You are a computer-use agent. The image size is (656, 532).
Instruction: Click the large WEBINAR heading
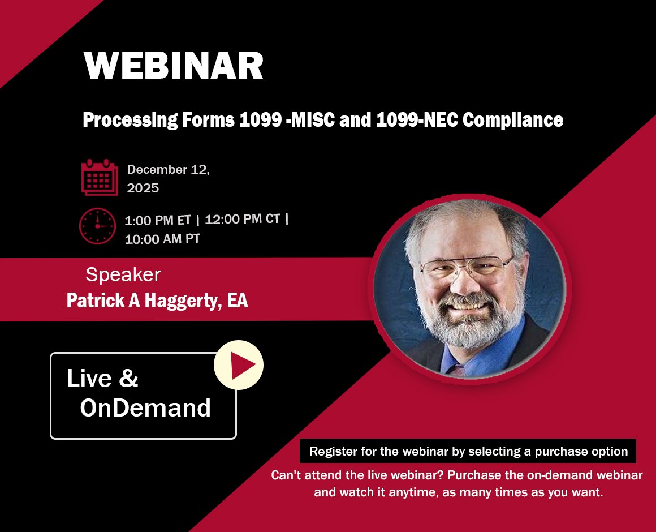click(x=173, y=65)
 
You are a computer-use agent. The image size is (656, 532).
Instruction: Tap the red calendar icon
click(x=100, y=177)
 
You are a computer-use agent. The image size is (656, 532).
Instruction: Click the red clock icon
click(x=97, y=226)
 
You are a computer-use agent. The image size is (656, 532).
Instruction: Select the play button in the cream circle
click(x=239, y=365)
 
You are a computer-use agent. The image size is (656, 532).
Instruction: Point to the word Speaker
click(x=123, y=275)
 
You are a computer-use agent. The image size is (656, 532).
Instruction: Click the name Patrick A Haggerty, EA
click(x=157, y=301)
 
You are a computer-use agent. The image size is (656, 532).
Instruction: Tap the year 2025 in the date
click(x=143, y=188)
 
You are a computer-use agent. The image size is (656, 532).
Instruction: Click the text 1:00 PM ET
click(x=158, y=220)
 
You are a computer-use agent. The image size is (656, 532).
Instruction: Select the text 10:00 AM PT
click(x=162, y=239)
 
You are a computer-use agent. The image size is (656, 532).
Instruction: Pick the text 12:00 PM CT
click(x=242, y=219)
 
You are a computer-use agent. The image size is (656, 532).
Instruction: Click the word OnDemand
click(x=145, y=407)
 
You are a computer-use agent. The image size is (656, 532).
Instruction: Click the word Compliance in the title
click(x=513, y=120)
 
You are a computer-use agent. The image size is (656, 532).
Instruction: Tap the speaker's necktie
click(x=458, y=370)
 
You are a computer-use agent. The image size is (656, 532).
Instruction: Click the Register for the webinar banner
click(x=468, y=451)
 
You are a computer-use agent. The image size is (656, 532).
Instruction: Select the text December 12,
click(x=168, y=170)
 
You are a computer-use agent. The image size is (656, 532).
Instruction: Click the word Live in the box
click(x=89, y=378)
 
